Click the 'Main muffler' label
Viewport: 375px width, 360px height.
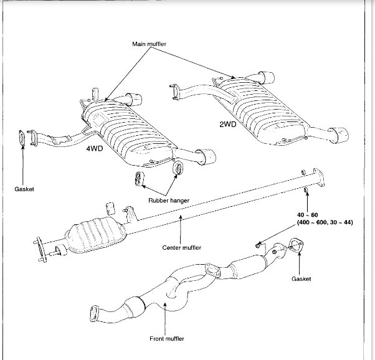[x=152, y=45]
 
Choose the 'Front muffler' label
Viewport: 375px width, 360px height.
[x=165, y=339]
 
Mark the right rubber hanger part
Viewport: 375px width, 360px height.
[x=178, y=168]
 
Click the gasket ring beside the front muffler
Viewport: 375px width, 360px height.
[x=297, y=246]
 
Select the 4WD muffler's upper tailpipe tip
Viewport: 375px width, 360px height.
[x=132, y=98]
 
